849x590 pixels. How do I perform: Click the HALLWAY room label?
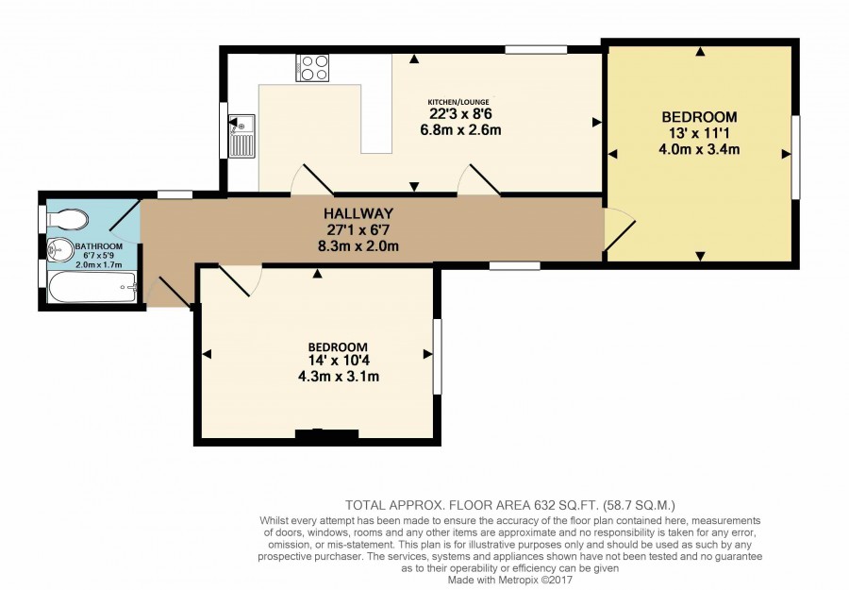click(x=358, y=213)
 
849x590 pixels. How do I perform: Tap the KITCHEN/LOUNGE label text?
click(x=458, y=102)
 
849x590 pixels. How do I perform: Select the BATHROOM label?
click(x=98, y=246)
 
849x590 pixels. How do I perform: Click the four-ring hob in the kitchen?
click(x=312, y=68)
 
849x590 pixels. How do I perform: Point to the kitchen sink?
click(x=241, y=135)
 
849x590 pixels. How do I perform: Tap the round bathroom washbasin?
click(x=59, y=250)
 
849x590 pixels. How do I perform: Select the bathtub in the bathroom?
click(x=92, y=287)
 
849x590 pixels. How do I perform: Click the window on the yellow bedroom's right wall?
click(x=795, y=157)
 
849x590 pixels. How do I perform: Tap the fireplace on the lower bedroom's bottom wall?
click(x=326, y=434)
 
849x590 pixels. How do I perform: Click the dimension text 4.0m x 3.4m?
click(x=699, y=149)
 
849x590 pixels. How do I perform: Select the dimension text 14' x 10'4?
click(x=339, y=361)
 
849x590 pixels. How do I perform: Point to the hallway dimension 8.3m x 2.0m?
click(x=358, y=246)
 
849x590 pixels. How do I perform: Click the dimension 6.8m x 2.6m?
click(x=460, y=130)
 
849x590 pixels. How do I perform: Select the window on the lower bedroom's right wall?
click(x=437, y=357)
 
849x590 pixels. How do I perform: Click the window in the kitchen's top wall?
click(x=536, y=50)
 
